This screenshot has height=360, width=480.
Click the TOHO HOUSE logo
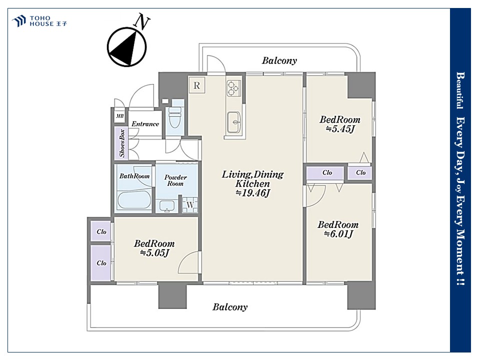[39, 21]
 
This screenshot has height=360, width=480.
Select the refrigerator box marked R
[196, 85]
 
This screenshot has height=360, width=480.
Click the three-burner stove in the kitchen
[232, 88]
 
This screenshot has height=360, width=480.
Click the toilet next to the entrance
[175, 116]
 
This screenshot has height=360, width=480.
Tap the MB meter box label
[120, 116]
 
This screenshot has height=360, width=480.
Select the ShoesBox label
[122, 143]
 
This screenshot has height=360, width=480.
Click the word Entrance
[145, 124]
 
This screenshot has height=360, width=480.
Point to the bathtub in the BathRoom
[133, 200]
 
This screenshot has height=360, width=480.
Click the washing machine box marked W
[190, 205]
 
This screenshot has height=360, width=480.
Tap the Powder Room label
[175, 180]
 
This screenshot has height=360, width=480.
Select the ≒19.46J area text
[253, 193]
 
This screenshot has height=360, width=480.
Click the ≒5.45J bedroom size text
[340, 129]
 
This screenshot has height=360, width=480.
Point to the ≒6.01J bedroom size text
[338, 234]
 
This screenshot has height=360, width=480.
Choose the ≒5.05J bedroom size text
[154, 253]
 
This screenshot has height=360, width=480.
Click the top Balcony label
[279, 60]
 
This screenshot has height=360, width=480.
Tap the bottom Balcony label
[230, 307]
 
